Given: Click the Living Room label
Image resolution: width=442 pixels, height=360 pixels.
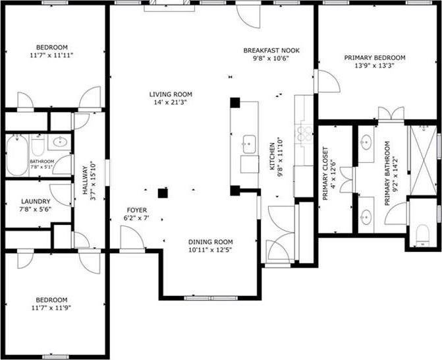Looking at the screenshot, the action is coord(171,94).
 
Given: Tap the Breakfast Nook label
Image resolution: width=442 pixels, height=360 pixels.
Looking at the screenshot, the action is coord(271,51).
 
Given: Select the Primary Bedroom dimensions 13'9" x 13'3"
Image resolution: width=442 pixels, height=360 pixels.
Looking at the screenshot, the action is coord(374,66).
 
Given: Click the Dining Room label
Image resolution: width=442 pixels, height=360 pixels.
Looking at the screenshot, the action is coord(211,242).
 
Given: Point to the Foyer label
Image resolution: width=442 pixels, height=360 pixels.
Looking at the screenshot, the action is coord(137,210).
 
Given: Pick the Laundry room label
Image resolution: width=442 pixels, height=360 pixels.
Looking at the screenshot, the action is coord(36,202).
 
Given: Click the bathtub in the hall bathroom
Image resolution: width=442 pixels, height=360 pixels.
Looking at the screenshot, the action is coord(17,155).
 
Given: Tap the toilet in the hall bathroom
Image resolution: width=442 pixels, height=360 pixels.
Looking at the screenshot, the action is coord(38,144).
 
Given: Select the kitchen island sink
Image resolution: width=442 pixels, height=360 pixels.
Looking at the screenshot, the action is coord(249,144).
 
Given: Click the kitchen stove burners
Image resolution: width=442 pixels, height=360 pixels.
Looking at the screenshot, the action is coord(305,133).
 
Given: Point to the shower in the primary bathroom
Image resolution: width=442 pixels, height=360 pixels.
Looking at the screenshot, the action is coord(424,160).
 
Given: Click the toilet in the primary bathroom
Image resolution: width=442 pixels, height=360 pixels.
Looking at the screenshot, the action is coord(422,233).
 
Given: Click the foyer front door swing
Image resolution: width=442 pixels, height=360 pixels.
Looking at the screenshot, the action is coord(132,237).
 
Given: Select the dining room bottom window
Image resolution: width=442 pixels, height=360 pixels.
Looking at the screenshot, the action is coord(211,298).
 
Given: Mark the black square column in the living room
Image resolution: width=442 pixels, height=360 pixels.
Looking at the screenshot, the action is coord(163,193).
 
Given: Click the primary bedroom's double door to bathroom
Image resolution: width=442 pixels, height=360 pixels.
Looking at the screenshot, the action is coord(391,113).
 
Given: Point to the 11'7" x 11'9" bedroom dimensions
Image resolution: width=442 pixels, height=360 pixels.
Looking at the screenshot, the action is coord(51,308).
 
